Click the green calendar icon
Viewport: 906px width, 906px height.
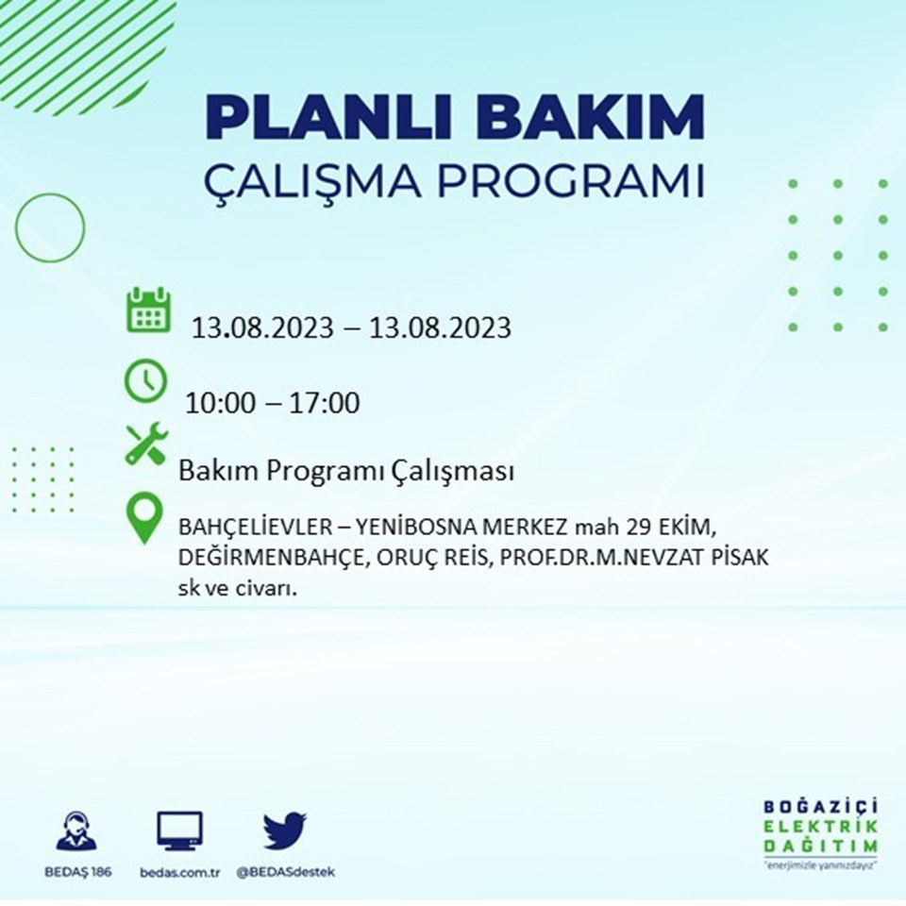pos(148,310)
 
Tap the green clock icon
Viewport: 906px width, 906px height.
pos(145,380)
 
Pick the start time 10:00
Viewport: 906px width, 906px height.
pos(220,403)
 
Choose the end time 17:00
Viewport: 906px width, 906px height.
pos(324,403)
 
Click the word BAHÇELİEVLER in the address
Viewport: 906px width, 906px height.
pos(256,528)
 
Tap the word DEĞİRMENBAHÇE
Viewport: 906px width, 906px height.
pos(272,558)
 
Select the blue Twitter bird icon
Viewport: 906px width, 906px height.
pos(285,830)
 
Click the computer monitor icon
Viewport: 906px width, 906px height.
pos(179,830)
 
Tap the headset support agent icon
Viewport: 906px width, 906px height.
pos(76,830)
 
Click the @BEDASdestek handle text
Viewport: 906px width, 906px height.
pos(285,872)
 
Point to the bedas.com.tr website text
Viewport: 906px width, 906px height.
pos(179,872)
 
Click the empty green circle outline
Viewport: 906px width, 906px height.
pos(16,227)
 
